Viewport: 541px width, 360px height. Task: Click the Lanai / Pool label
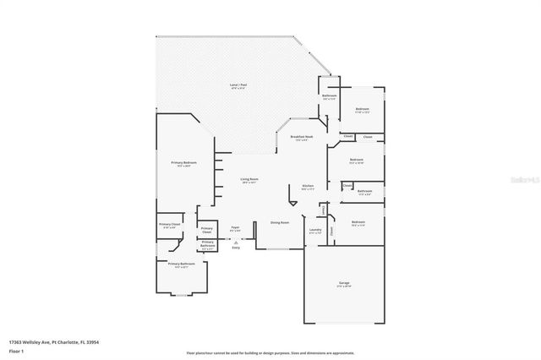tap(238, 85)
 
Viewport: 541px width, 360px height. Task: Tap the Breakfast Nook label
tap(302, 137)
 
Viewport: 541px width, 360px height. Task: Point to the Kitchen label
tap(309, 188)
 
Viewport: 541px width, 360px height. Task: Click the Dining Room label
tap(280, 222)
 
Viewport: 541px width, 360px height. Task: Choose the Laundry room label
tap(315, 230)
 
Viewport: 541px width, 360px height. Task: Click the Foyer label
tap(236, 227)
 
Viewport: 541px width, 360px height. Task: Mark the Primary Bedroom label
tap(181, 165)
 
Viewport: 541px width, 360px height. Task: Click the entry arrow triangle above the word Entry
tap(236, 241)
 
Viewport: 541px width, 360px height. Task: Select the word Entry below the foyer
tap(236, 247)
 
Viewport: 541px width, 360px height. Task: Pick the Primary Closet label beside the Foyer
tap(207, 230)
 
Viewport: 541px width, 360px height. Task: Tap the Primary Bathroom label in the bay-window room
tap(181, 265)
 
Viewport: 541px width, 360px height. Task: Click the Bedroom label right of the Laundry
tap(358, 222)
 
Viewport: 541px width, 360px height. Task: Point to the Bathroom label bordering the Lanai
tap(330, 96)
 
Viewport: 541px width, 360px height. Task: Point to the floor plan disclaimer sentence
tap(271, 351)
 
